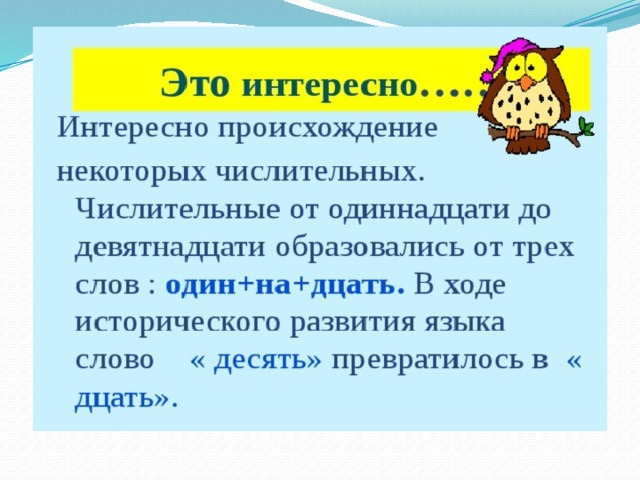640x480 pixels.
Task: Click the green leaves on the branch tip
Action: pyautogui.click(x=587, y=127)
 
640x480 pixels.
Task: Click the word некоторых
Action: pyautogui.click(x=131, y=173)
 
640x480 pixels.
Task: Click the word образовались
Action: pyautogui.click(x=370, y=248)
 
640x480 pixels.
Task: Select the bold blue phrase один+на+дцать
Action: pyautogui.click(x=285, y=285)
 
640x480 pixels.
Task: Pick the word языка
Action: pyautogui.click(x=465, y=323)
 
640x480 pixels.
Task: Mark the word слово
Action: pyautogui.click(x=115, y=361)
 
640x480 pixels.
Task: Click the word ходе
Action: pyautogui.click(x=474, y=286)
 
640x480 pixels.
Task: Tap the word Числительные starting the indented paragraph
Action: pyautogui.click(x=178, y=211)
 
